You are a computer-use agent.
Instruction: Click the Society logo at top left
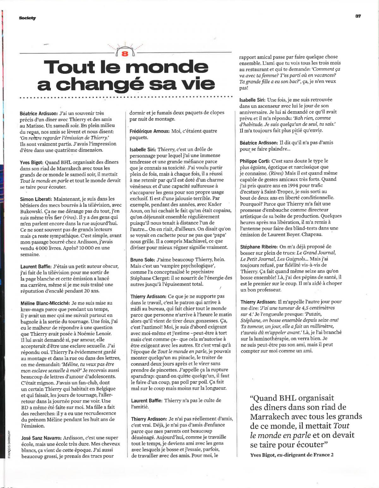(27, 18)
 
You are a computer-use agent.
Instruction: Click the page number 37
(358, 16)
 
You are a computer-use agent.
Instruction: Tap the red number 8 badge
(124, 53)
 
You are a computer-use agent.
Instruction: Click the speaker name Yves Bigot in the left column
(29, 162)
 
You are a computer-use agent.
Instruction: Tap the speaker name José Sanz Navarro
(40, 438)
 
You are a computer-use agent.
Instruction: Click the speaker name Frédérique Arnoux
(150, 131)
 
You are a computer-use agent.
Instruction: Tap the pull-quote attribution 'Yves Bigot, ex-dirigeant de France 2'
(292, 455)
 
